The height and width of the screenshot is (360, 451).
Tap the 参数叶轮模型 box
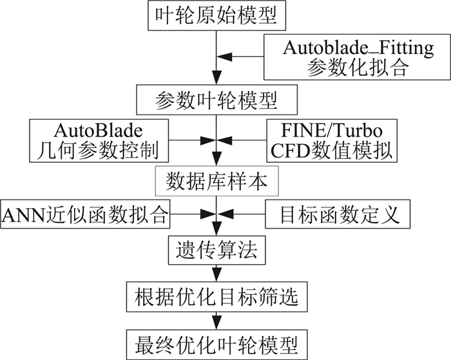[217, 100]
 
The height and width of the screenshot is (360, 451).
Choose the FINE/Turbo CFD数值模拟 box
[331, 141]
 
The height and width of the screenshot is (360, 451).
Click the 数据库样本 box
[217, 182]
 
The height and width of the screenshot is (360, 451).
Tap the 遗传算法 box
[217, 247]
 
